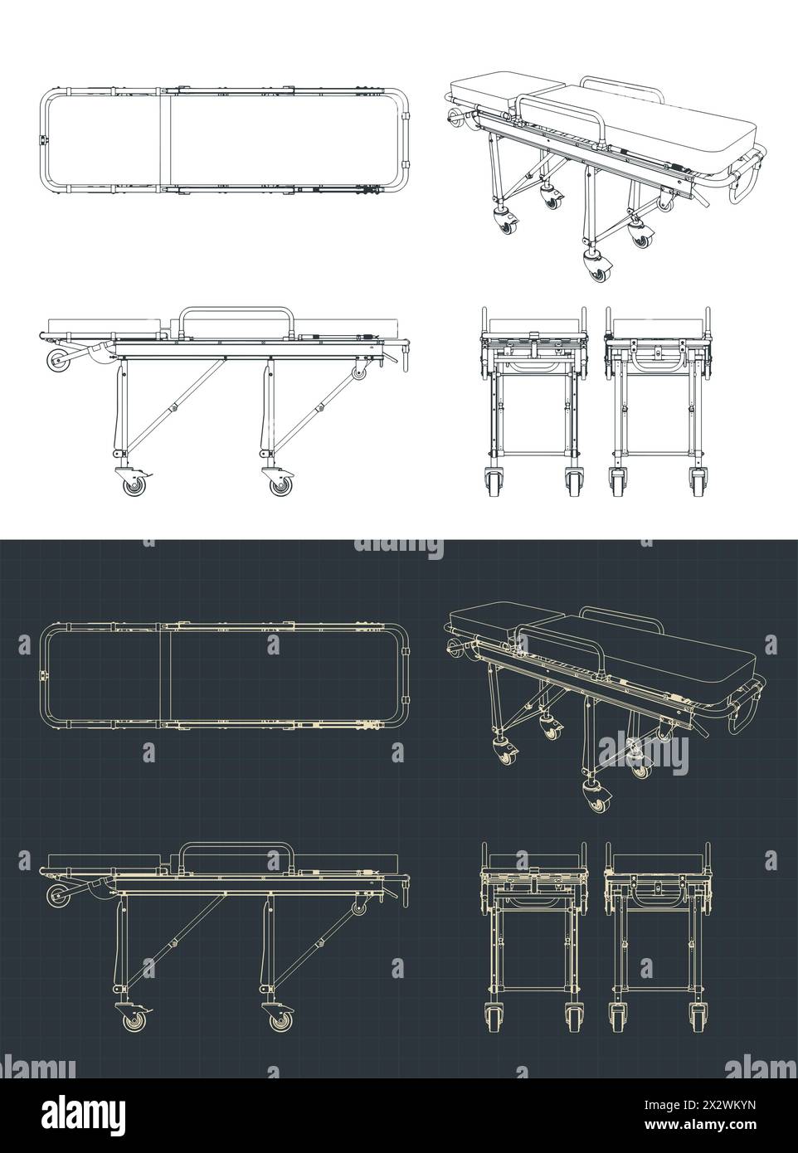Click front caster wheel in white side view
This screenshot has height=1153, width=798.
[x=134, y=485]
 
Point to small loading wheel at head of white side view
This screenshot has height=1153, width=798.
[x=58, y=362]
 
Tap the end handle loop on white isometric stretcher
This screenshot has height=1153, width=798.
[x=744, y=181]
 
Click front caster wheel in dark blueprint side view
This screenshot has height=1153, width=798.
[x=134, y=1021]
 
